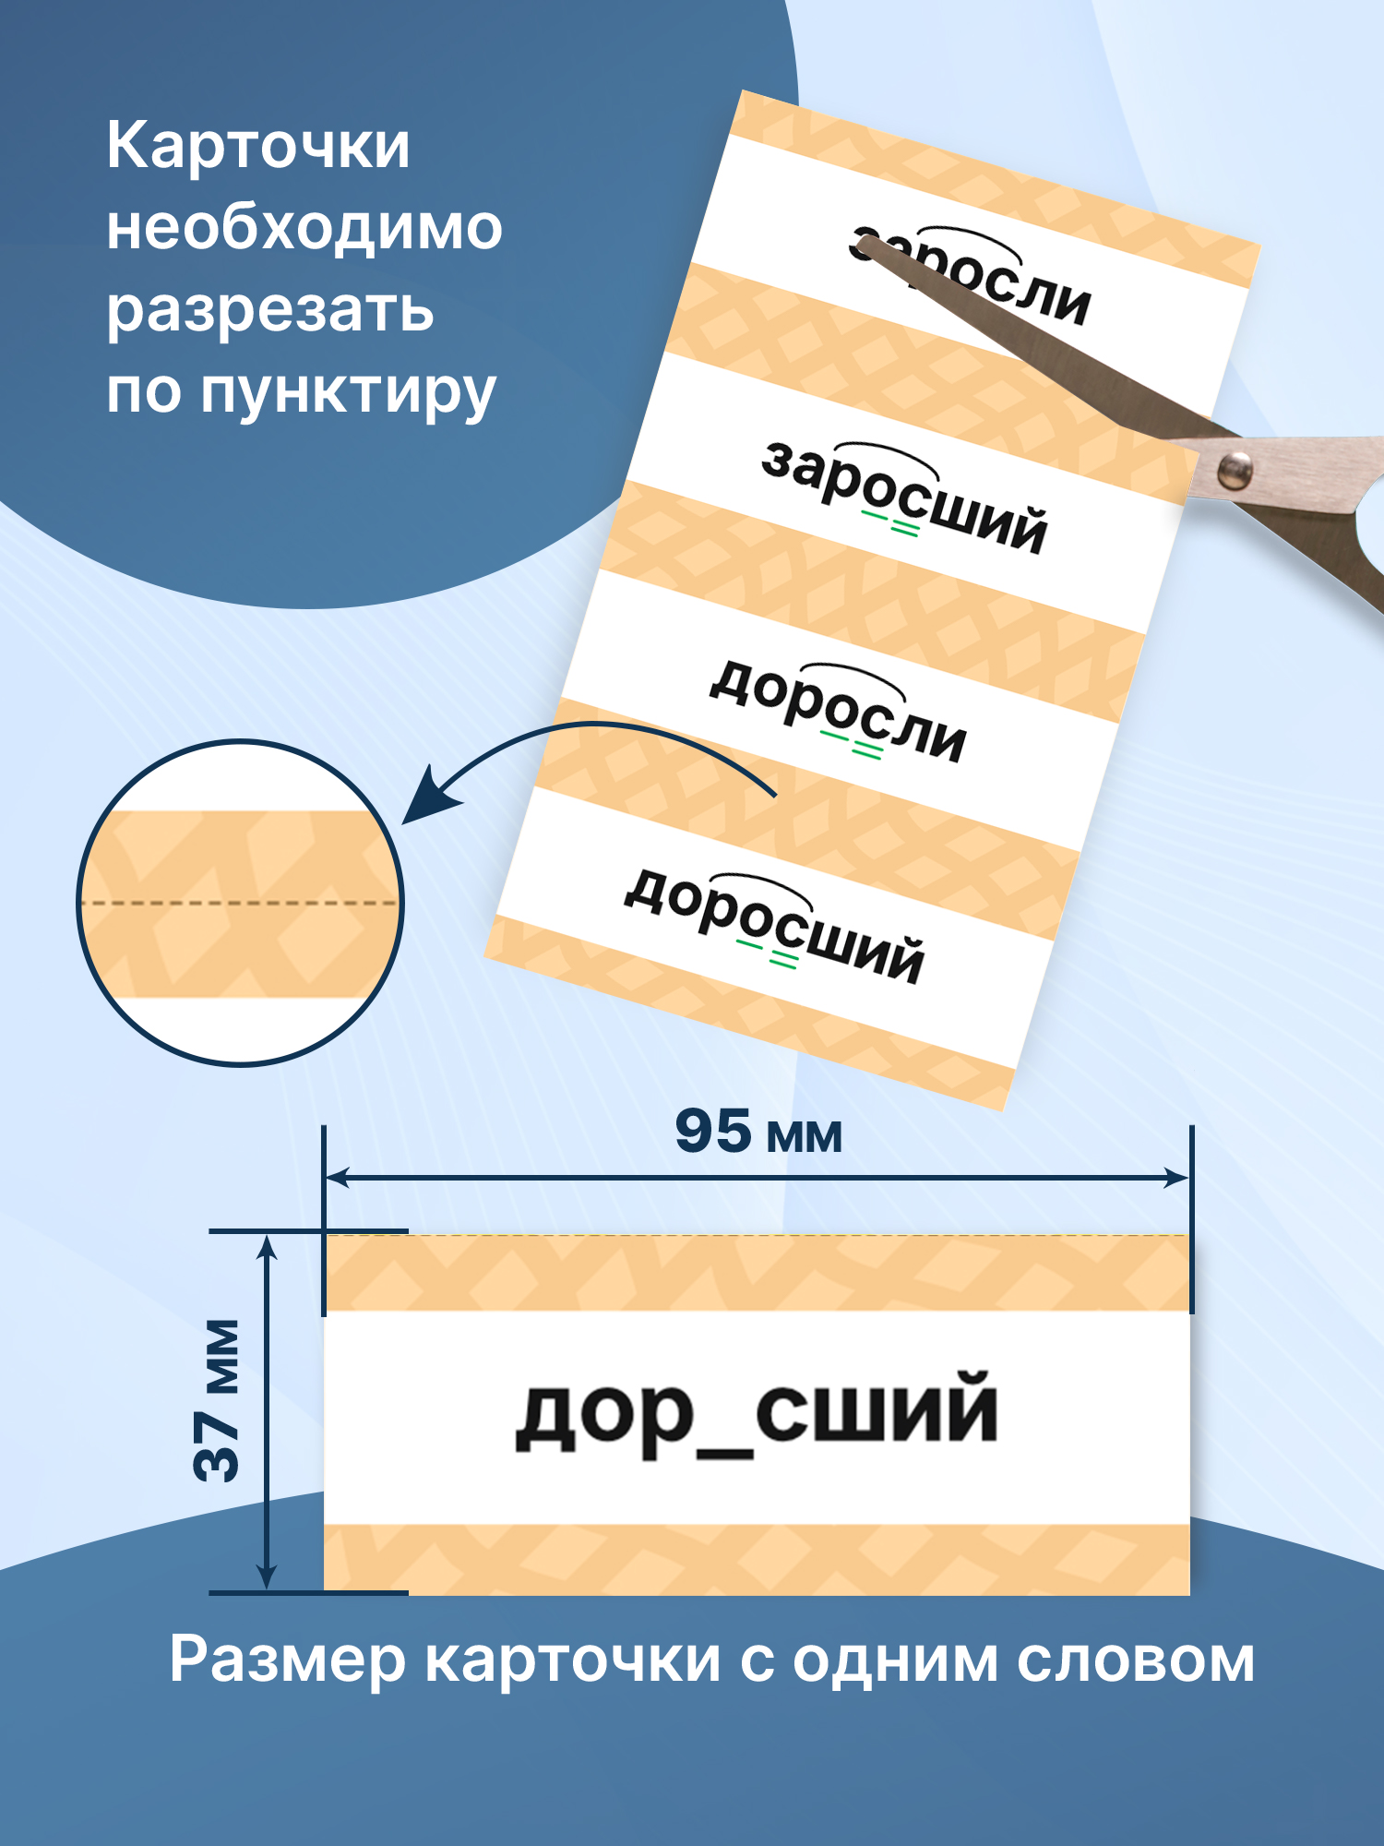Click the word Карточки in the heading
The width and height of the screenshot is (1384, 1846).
(257, 148)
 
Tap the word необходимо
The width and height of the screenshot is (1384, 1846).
(304, 228)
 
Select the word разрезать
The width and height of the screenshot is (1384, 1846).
(269, 310)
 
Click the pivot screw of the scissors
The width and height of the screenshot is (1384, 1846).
(1234, 471)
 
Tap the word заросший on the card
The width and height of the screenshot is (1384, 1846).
(904, 498)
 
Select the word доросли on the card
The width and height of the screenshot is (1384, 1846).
(838, 712)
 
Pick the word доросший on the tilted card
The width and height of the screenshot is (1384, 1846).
(774, 926)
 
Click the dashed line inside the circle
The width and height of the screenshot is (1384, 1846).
(240, 902)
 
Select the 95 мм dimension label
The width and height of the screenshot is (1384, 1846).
(758, 1133)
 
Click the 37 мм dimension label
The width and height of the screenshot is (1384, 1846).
(218, 1401)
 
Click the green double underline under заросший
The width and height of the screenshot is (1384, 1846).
(891, 525)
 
